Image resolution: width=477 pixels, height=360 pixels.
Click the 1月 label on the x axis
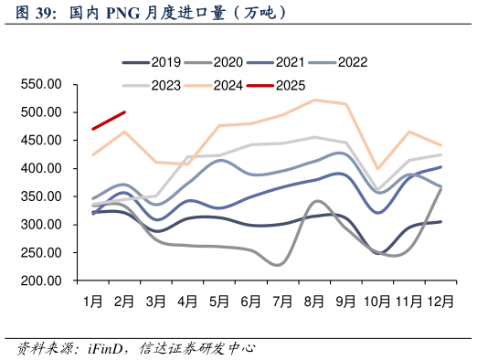(92, 300)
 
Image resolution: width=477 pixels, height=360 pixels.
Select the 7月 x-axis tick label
(282, 300)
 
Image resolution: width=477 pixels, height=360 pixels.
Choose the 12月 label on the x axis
(441, 300)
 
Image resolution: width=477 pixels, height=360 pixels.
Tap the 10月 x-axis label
(377, 300)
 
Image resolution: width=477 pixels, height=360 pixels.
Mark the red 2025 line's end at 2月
(124, 112)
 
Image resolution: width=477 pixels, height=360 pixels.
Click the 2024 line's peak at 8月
(314, 100)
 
